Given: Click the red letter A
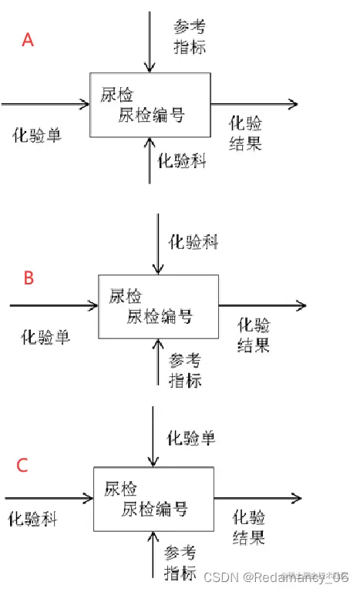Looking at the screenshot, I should tap(28, 39).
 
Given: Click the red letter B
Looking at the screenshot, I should tap(29, 277).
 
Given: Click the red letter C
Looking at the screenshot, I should tap(22, 465).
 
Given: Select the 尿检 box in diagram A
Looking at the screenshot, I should tap(150, 104).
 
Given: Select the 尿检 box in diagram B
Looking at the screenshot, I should tap(158, 306).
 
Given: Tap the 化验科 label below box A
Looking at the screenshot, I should tap(182, 160).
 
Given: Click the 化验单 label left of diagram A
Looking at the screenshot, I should tap(37, 135).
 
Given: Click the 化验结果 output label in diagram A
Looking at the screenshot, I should tap(246, 133).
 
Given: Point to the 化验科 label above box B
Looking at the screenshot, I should tap(193, 242).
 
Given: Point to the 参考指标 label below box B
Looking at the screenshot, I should tap(185, 371).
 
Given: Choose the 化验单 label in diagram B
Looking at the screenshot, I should tap(45, 336).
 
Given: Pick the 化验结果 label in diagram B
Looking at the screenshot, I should tap(254, 335).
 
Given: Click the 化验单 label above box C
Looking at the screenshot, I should tap(191, 439).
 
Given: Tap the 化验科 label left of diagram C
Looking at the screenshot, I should tap(32, 519).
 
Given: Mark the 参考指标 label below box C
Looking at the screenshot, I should tap(181, 563).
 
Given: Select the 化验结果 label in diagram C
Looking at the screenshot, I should tap(249, 526).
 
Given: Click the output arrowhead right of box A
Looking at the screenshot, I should tap(292, 103).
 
